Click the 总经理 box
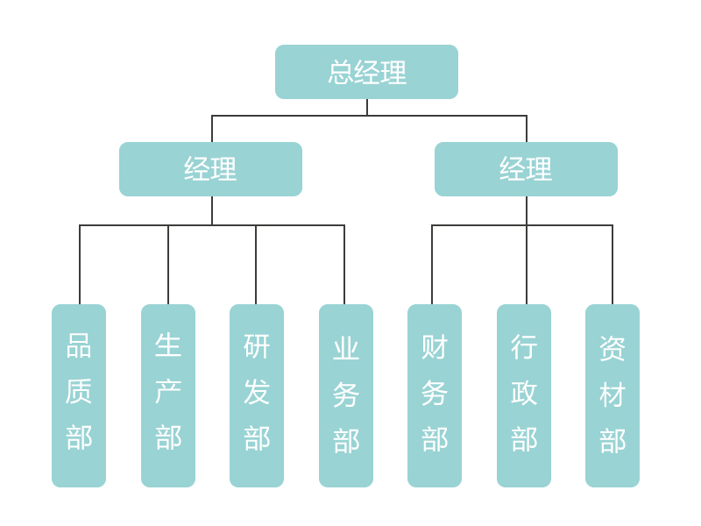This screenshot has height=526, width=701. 366,72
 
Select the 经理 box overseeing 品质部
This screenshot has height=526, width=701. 210,169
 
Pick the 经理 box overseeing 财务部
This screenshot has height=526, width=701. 526,169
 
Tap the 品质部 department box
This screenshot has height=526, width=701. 79,395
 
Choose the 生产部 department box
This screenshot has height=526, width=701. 168,395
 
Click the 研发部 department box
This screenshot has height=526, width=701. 257,395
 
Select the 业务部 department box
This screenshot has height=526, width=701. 346,395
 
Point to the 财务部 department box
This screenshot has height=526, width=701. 435,395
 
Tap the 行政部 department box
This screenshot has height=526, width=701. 524,395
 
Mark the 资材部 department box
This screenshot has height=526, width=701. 612,395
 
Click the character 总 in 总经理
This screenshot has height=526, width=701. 341,72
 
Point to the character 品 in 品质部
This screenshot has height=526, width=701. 79,345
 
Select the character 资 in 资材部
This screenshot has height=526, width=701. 612,348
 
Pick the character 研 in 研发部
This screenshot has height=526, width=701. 257,346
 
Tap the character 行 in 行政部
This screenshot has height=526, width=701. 524,346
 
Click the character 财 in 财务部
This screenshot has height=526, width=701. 435,347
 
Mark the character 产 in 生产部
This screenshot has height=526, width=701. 168,392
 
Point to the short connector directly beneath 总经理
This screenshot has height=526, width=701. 367,107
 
